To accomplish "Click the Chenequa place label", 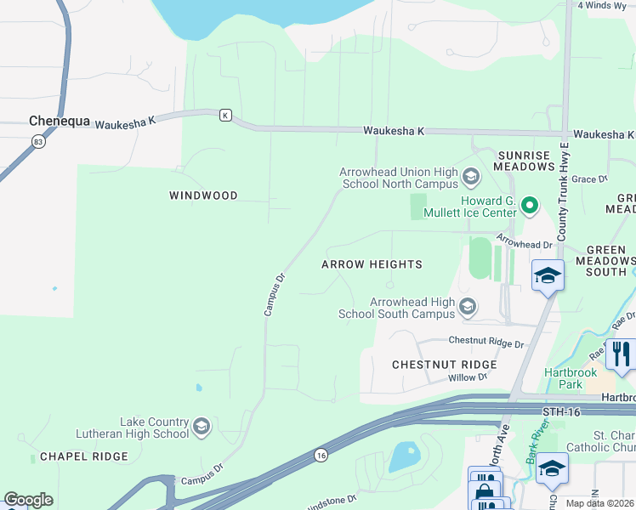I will tap(59, 122).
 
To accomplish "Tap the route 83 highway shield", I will tap(39, 142).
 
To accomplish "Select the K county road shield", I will tap(224, 115).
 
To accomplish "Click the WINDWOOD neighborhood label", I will tap(203, 195).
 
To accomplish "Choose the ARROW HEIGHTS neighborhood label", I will tap(372, 264).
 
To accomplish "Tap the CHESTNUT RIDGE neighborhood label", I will tap(444, 365).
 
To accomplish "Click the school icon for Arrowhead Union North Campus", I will tap(471, 178).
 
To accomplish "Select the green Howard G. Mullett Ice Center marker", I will tap(530, 205).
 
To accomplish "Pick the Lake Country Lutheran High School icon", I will tap(202, 427).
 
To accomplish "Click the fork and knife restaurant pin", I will tap(622, 354).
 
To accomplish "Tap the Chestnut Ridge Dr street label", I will tap(486, 341).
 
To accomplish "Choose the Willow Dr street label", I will tap(468, 377).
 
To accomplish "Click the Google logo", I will tap(29, 500).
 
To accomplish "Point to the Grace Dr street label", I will tap(590, 179).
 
